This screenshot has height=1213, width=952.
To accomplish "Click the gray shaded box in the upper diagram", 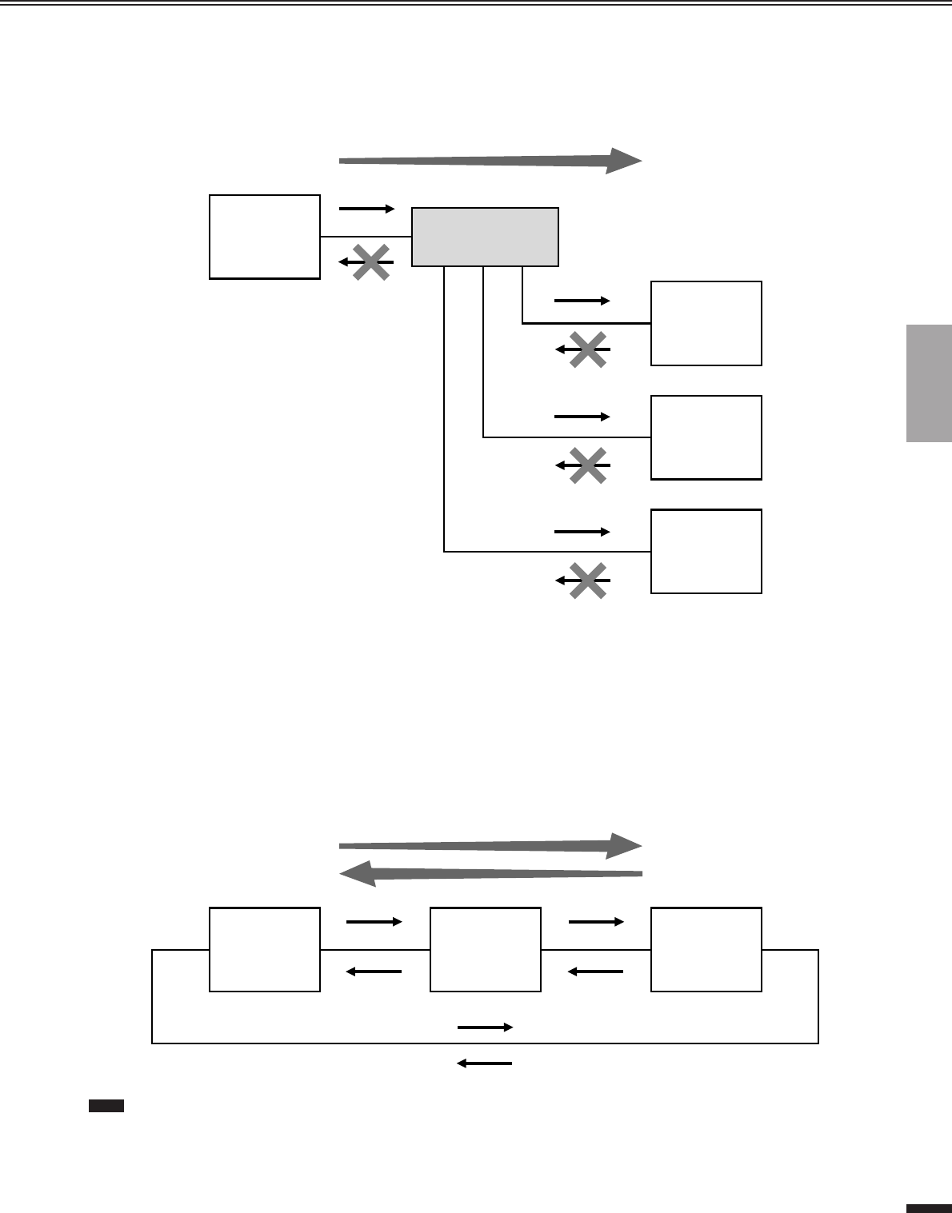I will coord(485,237).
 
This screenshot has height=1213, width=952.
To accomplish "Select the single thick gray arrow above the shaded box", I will coord(490,161).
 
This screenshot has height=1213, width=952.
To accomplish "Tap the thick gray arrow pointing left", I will coord(490,872).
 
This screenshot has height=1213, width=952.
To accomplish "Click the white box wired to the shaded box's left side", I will coord(265,237).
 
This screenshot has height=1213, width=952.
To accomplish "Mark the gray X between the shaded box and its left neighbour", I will coord(372,261).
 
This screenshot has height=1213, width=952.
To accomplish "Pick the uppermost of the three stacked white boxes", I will coord(706,323).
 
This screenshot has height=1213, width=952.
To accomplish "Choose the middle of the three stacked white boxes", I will coord(706,437).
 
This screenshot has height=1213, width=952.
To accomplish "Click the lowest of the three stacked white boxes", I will coord(706,551).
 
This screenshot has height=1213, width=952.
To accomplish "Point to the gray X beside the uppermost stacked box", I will coord(587,349).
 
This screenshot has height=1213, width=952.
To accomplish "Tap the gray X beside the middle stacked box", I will coord(587,465).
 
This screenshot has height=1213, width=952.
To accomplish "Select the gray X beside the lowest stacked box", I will coord(587,580).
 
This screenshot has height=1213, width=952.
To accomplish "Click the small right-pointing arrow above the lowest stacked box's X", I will coord(582,531).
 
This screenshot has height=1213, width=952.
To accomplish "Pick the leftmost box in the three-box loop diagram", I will coord(265,949).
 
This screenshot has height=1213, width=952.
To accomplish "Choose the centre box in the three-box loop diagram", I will coord(485,949).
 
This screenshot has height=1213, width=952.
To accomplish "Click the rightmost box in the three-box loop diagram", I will coord(706,949).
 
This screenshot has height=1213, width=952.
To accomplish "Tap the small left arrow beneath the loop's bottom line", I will coord(484,1063).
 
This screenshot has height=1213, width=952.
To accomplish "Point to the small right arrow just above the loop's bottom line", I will coord(485,1027).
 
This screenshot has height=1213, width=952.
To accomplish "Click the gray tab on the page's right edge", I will coord(929,383).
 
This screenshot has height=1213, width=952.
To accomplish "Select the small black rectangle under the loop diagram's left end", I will coord(105,1106).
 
